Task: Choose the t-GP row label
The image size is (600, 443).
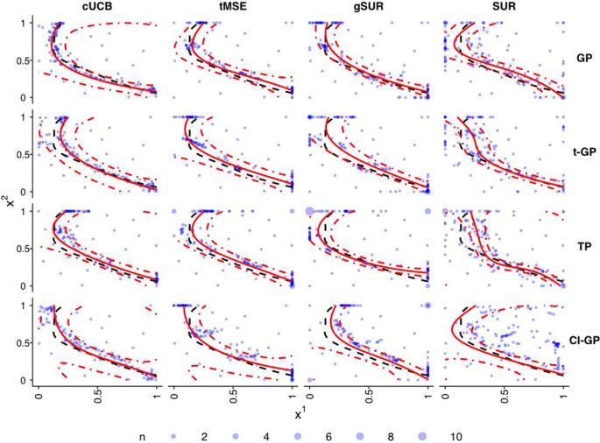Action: (582, 152)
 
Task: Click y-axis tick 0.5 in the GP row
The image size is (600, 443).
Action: (25, 59)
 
